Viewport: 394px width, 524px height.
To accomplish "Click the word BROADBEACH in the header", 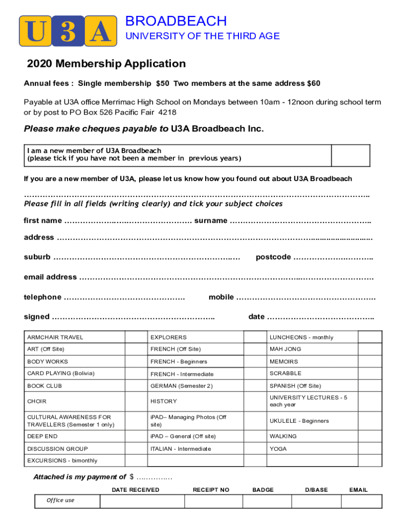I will [x=176, y=21].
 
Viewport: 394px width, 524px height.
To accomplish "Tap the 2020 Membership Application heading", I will [x=106, y=64].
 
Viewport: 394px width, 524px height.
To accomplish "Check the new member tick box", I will [x=351, y=155].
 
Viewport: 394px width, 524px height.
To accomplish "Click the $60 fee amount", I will [x=313, y=83].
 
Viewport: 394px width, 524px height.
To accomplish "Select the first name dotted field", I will [x=128, y=221].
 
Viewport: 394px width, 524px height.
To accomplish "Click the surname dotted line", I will [x=301, y=221].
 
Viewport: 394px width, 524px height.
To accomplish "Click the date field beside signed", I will [x=321, y=317].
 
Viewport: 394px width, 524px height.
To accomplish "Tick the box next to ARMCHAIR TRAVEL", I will [x=136, y=337].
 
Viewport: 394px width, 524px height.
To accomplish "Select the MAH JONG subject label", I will [x=286, y=349].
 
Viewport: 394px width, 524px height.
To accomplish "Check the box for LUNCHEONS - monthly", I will [x=369, y=337].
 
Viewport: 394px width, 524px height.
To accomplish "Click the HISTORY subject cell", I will [x=164, y=401].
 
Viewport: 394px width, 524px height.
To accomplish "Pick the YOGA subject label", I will [x=278, y=449].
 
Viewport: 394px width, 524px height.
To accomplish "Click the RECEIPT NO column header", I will [x=211, y=490].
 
